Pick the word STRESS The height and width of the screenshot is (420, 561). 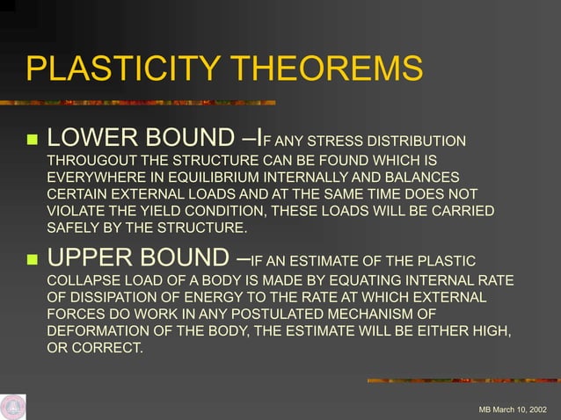[338, 142]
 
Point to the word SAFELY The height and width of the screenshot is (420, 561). [71, 228]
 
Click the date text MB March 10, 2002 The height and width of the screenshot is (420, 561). [512, 410]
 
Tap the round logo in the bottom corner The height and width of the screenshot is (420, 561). [12, 407]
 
